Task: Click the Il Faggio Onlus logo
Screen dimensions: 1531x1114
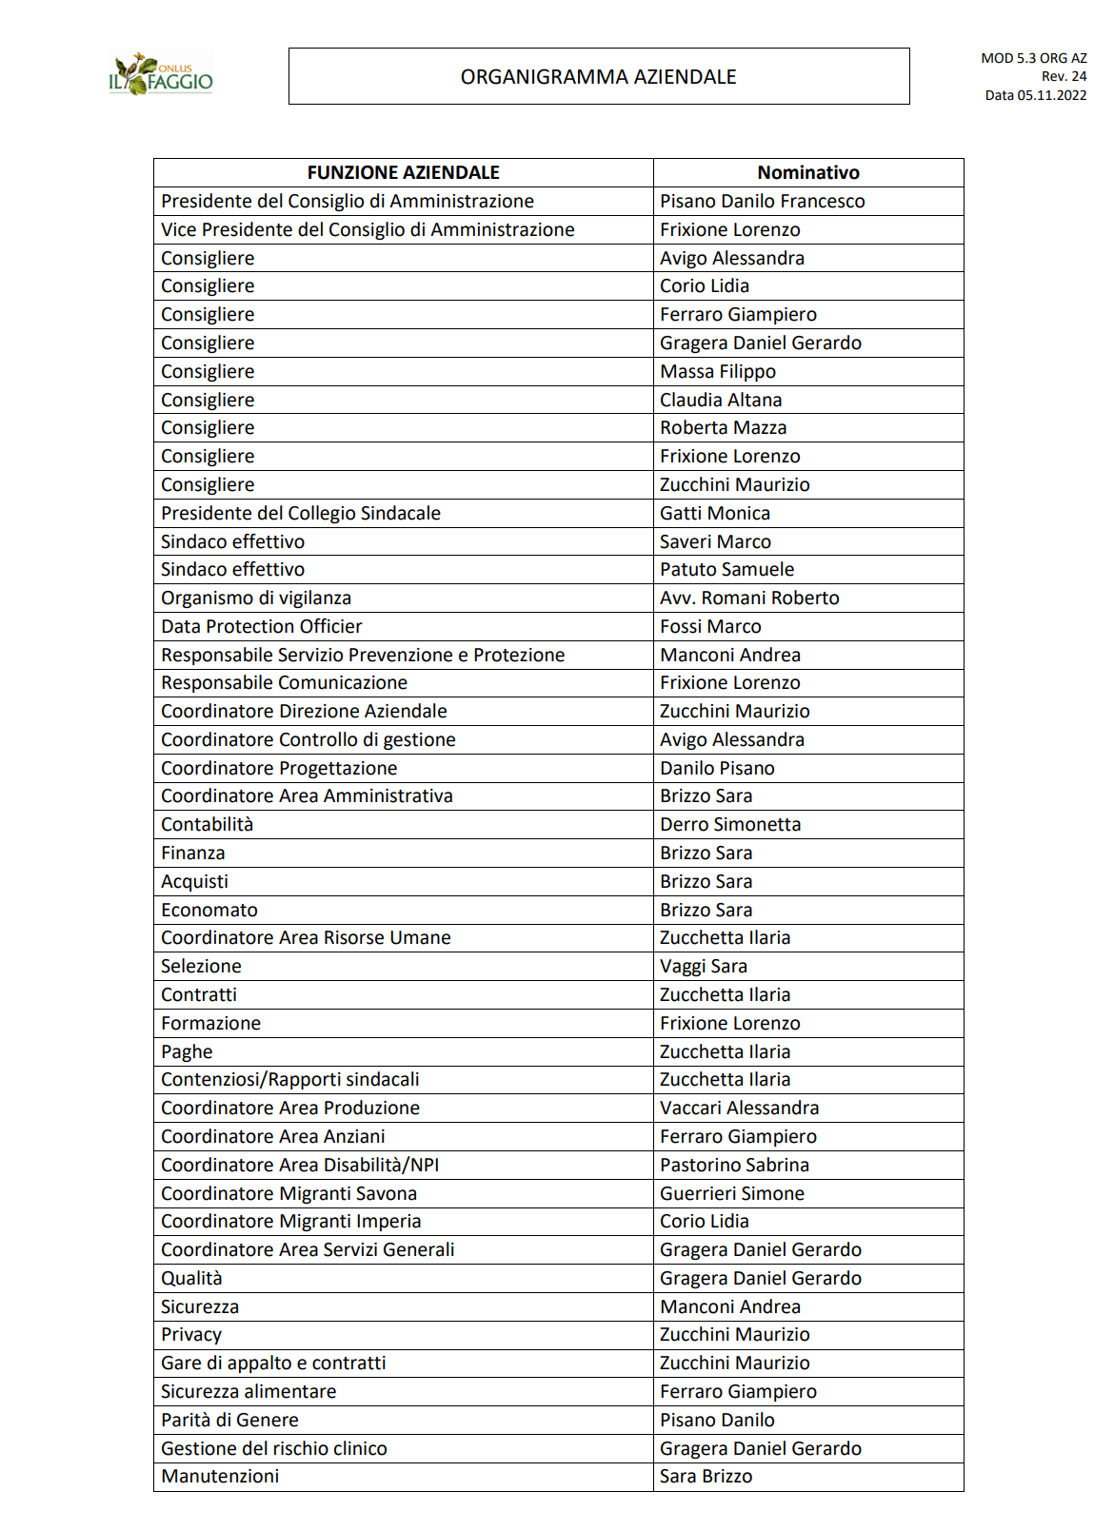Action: click(x=161, y=75)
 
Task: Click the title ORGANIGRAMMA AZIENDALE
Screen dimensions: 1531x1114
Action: click(x=598, y=77)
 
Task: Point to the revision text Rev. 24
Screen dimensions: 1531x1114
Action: click(x=1064, y=76)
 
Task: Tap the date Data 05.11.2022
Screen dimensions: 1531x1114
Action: click(x=1035, y=95)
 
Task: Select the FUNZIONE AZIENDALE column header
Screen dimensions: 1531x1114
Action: click(x=403, y=172)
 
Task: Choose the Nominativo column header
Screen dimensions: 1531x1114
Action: click(x=807, y=172)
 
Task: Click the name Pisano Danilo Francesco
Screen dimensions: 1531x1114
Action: click(x=762, y=201)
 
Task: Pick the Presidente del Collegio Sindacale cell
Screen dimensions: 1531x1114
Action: click(x=301, y=513)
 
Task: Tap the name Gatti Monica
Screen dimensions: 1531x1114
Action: click(x=715, y=513)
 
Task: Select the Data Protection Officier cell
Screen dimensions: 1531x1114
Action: click(x=262, y=626)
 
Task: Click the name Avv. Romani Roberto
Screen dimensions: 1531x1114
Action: click(x=749, y=598)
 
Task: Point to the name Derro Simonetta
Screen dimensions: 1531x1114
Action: click(x=730, y=824)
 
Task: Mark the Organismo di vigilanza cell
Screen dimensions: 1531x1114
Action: click(x=256, y=598)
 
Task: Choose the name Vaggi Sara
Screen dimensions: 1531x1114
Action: click(x=704, y=966)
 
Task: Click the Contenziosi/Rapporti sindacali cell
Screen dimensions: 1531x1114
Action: click(x=290, y=1079)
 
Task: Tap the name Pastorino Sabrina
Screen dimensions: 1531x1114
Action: click(x=734, y=1165)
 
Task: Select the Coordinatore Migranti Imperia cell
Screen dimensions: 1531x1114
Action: click(x=290, y=1221)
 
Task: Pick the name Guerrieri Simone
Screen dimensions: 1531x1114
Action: click(x=732, y=1193)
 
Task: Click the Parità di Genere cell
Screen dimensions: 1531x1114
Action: click(x=229, y=1420)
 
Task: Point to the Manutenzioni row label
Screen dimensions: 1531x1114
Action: click(x=220, y=1476)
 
